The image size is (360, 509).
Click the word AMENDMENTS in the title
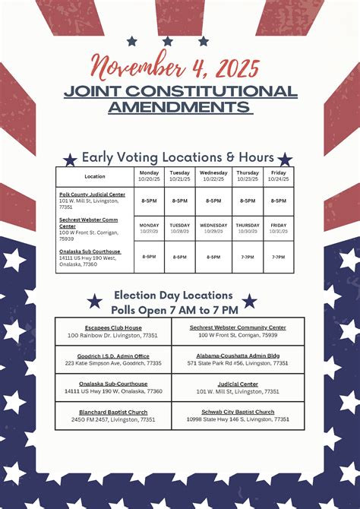click(179, 106)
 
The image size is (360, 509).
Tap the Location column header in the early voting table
click(95, 176)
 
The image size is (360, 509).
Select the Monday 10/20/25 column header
click(149, 176)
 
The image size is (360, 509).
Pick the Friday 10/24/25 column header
click(279, 176)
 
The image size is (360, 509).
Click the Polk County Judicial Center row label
click(92, 194)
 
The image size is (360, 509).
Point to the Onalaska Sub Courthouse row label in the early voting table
click(90, 251)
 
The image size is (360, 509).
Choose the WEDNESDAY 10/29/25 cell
click(213, 228)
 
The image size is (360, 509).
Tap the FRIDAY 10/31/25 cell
click(279, 228)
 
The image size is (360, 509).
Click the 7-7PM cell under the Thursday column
click(248, 257)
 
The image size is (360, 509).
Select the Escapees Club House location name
click(112, 327)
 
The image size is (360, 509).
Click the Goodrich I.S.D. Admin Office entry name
click(112, 356)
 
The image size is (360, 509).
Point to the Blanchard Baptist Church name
click(112, 412)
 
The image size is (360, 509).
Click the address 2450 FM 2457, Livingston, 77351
click(112, 419)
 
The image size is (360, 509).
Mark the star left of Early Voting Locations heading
click(71, 160)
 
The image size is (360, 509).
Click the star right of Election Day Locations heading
click(249, 301)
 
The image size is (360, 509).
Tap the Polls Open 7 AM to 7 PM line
click(174, 310)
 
